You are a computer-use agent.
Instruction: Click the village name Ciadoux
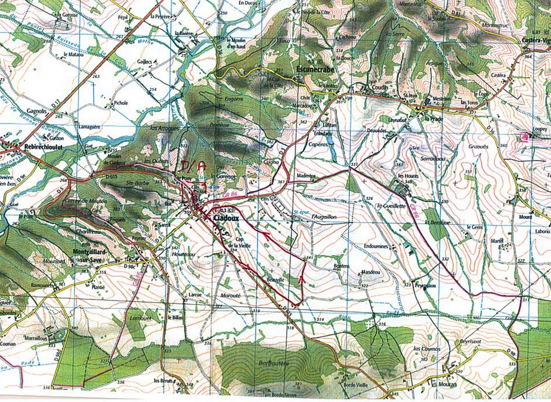coord(226,218)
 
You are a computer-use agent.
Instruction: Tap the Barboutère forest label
coord(274,363)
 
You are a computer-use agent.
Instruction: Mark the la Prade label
coord(434,119)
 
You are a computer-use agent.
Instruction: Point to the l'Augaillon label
coord(324,217)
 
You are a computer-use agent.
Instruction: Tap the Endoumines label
coord(376,246)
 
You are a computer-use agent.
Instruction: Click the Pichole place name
coord(121,103)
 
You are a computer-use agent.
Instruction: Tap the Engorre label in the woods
coord(234,99)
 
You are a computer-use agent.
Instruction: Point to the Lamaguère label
coord(89,127)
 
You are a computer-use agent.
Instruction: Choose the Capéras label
coord(318,144)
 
